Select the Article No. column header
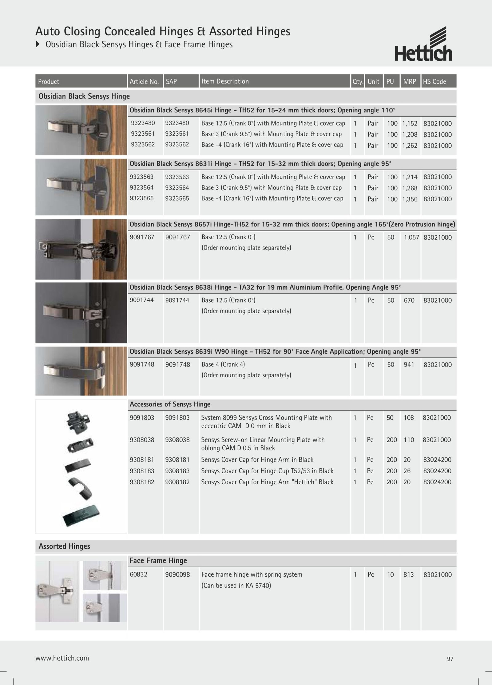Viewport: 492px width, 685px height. click(144, 82)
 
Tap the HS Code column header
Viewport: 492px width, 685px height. click(434, 82)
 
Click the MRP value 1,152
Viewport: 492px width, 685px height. click(410, 123)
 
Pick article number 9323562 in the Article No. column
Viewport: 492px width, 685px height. click(143, 144)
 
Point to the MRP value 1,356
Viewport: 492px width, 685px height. click(410, 199)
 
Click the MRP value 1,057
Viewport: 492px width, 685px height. click(411, 237)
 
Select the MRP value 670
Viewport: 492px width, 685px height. click(409, 300)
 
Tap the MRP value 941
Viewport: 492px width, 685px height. click(409, 365)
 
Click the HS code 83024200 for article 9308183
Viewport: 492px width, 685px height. click(437, 471)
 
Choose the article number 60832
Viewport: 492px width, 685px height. click(138, 575)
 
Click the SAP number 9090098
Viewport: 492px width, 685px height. click(177, 575)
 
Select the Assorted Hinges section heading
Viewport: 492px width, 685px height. click(64, 546)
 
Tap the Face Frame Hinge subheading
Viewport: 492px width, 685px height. click(158, 561)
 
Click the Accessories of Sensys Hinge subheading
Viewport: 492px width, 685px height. click(170, 404)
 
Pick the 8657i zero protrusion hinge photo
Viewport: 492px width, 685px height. click(81, 249)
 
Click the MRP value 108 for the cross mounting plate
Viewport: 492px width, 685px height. click(409, 418)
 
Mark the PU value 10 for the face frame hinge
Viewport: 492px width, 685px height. click(390, 575)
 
